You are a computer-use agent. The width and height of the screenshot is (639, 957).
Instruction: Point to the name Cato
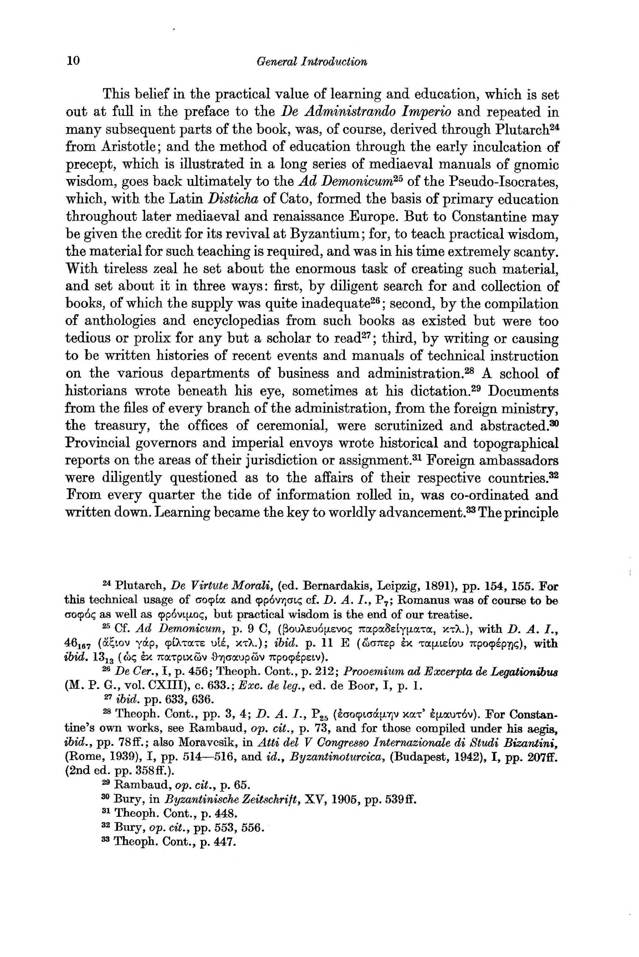291,199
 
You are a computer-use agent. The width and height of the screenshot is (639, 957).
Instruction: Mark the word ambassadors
518,460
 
